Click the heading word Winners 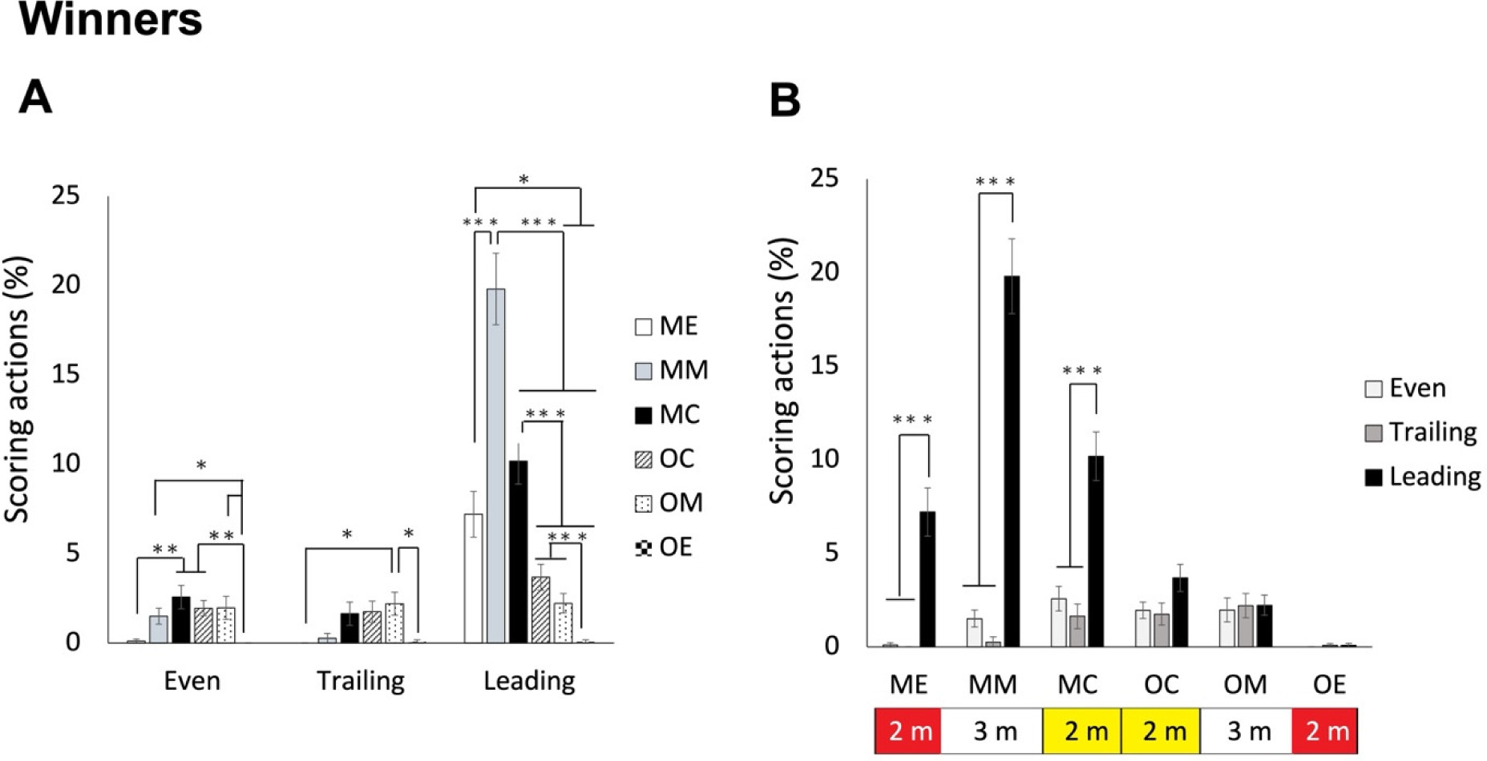pyautogui.click(x=111, y=19)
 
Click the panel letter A pyautogui.click(x=35, y=98)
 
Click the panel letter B pyautogui.click(x=785, y=101)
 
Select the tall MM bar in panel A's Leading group pyautogui.click(x=496, y=465)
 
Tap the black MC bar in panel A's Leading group pyautogui.click(x=519, y=552)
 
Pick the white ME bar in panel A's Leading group pyautogui.click(x=474, y=578)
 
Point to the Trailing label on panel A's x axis pyautogui.click(x=361, y=681)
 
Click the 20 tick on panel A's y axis pyautogui.click(x=66, y=284)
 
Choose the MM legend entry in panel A pyautogui.click(x=672, y=370)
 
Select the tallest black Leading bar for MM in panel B pyautogui.click(x=1012, y=461)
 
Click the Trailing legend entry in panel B pyautogui.click(x=1420, y=433)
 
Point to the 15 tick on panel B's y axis pyautogui.click(x=824, y=365)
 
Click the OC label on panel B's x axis pyautogui.click(x=1161, y=685)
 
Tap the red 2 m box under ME pyautogui.click(x=908, y=731)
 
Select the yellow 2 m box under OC pyautogui.click(x=1160, y=731)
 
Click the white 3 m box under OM pyautogui.click(x=1246, y=731)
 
